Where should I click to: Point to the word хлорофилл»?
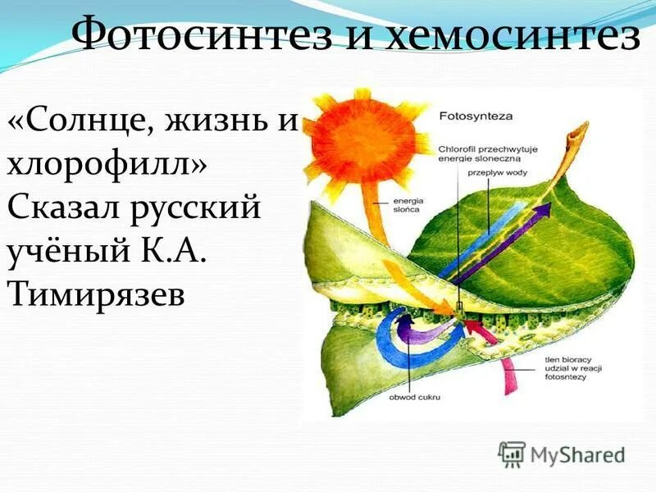[x=107, y=163]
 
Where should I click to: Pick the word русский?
[x=196, y=207]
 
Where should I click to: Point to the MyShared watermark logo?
[x=561, y=453]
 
